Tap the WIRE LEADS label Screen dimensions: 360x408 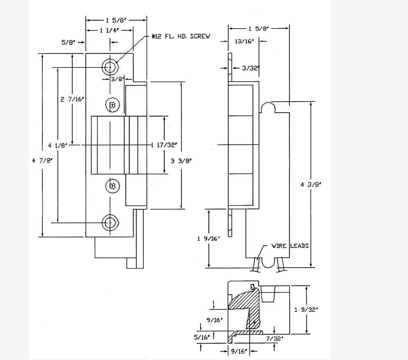(x=290, y=246)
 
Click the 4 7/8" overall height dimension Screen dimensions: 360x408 (x=43, y=161)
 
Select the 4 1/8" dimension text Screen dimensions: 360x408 (x=57, y=145)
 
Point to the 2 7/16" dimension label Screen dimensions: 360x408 (x=72, y=99)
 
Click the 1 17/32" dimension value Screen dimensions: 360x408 (x=164, y=145)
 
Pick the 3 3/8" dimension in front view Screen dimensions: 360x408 (x=181, y=161)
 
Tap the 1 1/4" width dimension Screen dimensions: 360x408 (x=109, y=30)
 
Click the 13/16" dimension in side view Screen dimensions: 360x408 (x=243, y=41)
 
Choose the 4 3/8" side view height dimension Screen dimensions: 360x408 (x=311, y=184)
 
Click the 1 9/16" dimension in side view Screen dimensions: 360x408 (x=210, y=238)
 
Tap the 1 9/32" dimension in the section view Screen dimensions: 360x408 (x=306, y=310)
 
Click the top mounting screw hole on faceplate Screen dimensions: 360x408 (x=110, y=66)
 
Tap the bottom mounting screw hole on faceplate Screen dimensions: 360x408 (x=110, y=222)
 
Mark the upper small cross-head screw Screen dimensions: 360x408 (x=112, y=105)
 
